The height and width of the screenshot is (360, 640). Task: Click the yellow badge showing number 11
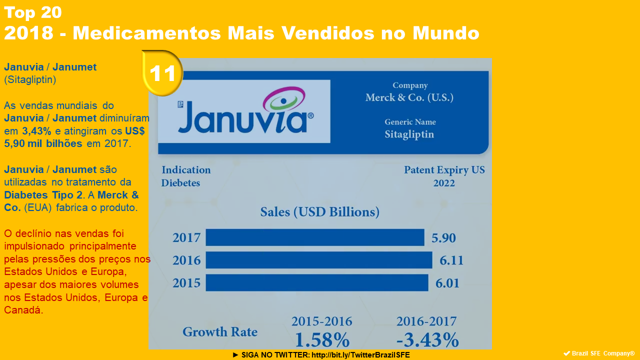(162, 73)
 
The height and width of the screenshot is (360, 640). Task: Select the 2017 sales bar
(315, 237)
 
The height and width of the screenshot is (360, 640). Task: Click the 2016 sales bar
(319, 260)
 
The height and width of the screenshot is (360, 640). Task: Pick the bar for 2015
(317, 282)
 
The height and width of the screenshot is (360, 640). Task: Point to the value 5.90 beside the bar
(444, 238)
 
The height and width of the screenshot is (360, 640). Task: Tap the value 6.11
(451, 260)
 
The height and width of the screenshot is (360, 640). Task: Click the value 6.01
(447, 283)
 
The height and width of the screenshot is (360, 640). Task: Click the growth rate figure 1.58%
(322, 340)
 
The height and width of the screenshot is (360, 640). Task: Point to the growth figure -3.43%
(427, 340)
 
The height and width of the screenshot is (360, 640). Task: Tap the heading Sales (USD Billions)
(320, 212)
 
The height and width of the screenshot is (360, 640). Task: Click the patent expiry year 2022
(444, 183)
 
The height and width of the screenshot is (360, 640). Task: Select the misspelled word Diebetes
(180, 183)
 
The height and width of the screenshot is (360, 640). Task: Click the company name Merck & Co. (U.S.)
(409, 97)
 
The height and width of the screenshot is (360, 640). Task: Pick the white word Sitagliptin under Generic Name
(409, 134)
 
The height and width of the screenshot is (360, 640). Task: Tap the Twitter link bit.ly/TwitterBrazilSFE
(360, 355)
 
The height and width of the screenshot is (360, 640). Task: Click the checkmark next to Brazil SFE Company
(566, 353)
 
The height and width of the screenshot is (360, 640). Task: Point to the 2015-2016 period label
(322, 321)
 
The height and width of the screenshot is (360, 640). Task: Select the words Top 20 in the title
(32, 12)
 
